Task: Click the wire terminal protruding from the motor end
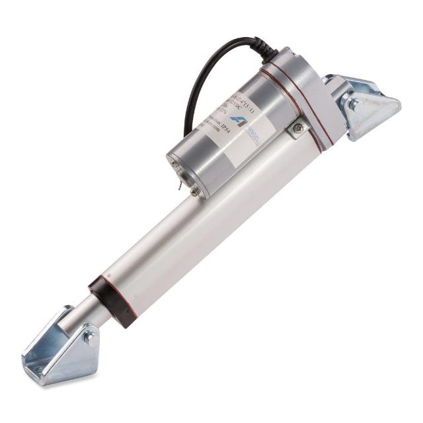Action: [180, 189]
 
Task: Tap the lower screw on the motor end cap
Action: [194, 192]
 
